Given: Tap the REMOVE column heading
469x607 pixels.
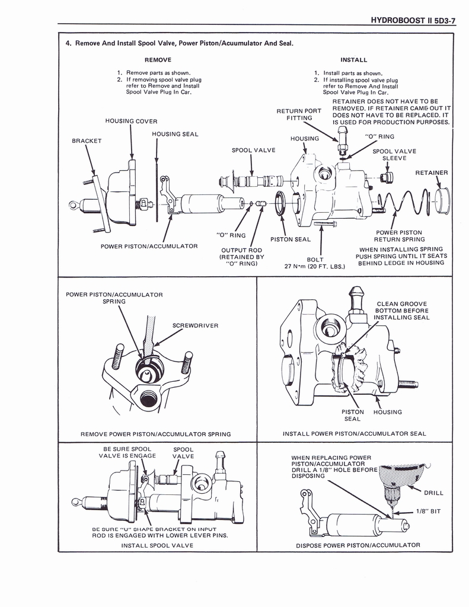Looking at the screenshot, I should point(158,60).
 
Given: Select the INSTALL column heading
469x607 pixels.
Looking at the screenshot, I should point(353,60).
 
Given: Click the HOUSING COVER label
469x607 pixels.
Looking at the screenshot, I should point(131,121).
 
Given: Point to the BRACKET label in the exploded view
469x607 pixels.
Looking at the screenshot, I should point(87,141).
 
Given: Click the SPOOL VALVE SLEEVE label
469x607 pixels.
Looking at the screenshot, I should point(394,155).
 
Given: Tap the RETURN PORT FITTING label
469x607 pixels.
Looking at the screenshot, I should point(299,114).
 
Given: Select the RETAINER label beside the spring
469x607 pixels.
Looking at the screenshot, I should point(431,173).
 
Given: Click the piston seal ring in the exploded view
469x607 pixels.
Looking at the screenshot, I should point(281,203).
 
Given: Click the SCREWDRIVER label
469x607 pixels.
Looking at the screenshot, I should point(195,325).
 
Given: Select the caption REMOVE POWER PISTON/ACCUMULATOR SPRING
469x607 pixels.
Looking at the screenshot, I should point(155,434).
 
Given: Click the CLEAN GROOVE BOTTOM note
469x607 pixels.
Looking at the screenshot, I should point(401,311).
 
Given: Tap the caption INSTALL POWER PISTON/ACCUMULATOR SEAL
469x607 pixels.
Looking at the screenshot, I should point(354,434).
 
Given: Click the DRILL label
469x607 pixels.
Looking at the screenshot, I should point(433,493).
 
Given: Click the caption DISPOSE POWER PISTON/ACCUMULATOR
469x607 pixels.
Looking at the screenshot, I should point(358,545).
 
